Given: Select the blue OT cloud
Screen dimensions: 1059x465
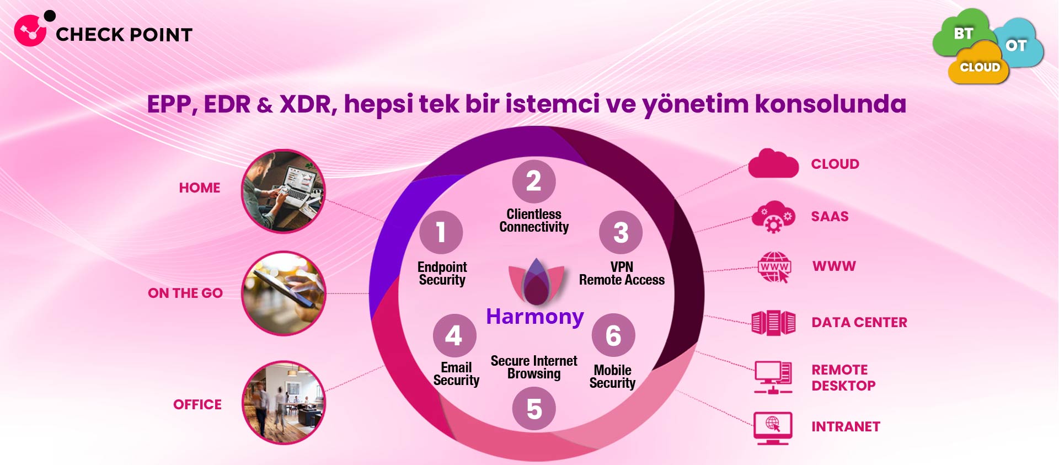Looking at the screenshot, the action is pyautogui.click(x=1018, y=44).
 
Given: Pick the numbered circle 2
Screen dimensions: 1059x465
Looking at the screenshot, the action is pyautogui.click(x=533, y=181).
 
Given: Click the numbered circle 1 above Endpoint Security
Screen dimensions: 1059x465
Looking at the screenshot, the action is pyautogui.click(x=441, y=232).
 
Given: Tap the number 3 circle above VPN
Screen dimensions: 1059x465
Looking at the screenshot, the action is pyautogui.click(x=621, y=232).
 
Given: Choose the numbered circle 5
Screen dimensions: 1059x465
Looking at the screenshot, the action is pyautogui.click(x=533, y=409).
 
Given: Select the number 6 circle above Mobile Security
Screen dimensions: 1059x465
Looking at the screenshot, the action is pyautogui.click(x=613, y=335).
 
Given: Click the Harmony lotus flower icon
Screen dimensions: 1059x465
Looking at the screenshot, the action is pyautogui.click(x=536, y=281).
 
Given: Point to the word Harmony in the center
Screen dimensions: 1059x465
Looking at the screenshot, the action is pyautogui.click(x=534, y=317).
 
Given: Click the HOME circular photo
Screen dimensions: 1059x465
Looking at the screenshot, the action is pyautogui.click(x=284, y=191).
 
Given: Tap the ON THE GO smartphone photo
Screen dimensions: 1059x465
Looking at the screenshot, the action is pyautogui.click(x=284, y=293).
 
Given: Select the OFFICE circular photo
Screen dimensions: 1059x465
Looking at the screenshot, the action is pyautogui.click(x=284, y=403).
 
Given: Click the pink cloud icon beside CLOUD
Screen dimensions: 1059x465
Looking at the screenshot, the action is pyautogui.click(x=773, y=163).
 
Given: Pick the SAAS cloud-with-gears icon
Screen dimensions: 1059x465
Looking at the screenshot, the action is pyautogui.click(x=773, y=216).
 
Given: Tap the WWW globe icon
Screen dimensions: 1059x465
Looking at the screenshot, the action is pyautogui.click(x=774, y=267).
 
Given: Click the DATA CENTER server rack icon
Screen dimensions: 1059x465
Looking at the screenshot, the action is pyautogui.click(x=773, y=323).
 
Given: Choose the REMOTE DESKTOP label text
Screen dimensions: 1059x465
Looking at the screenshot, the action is pyautogui.click(x=843, y=378).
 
